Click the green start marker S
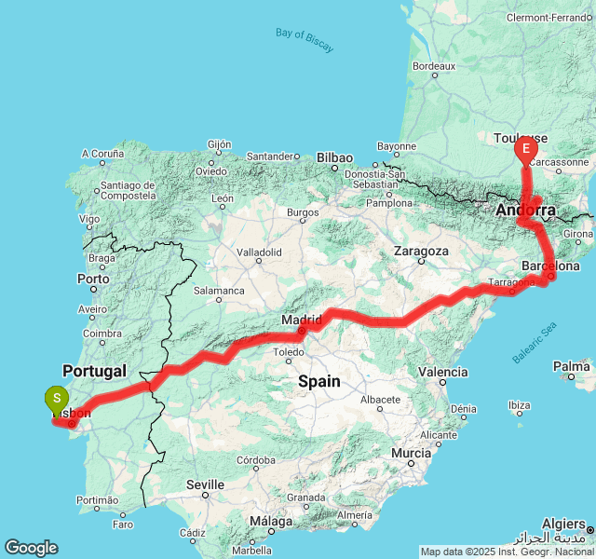pos(57,399)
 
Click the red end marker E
pos(525,148)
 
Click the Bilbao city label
pos(334,157)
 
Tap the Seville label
pos(205,484)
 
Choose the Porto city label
pos(94,279)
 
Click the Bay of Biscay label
pos(305,40)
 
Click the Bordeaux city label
pos(433,66)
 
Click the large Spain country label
pos(318,381)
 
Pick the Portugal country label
pos(94,371)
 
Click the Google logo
pos(31,548)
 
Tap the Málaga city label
pos(272,522)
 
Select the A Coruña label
pos(102,154)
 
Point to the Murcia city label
pos(411,454)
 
